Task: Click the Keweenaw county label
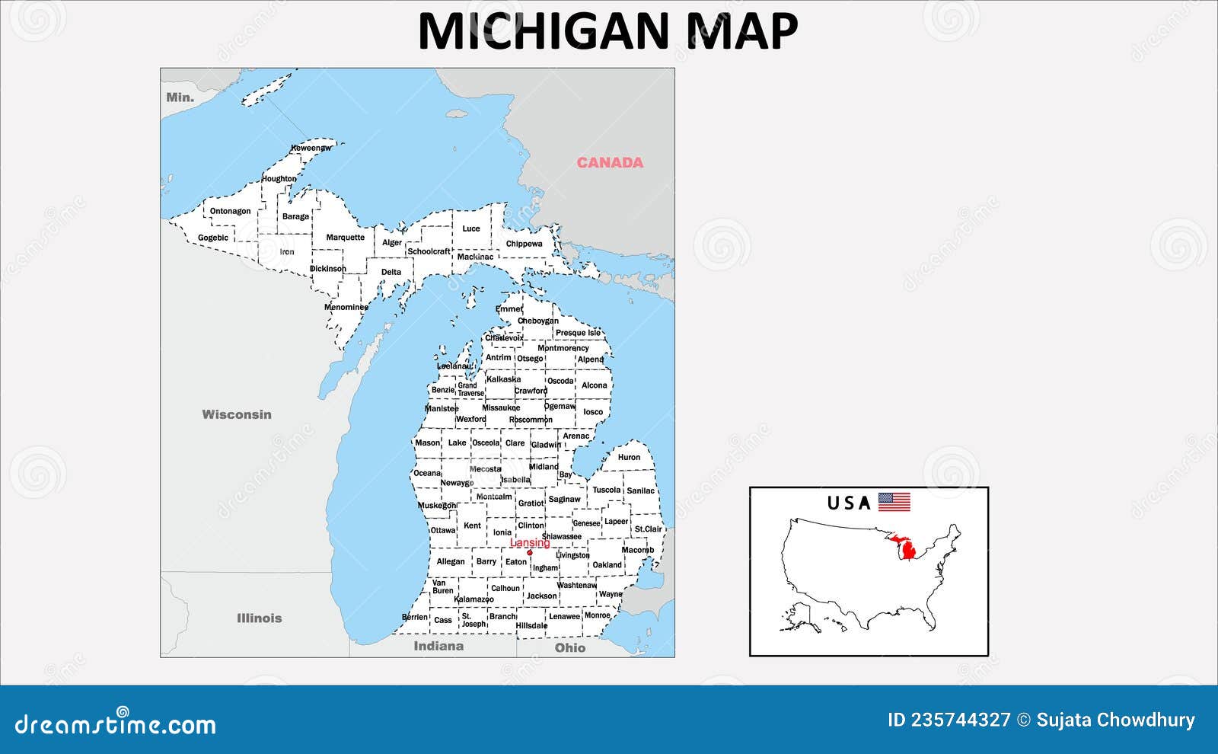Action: pyautogui.click(x=311, y=148)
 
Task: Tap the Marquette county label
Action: pyautogui.click(x=346, y=238)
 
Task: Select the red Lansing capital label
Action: pyautogui.click(x=530, y=543)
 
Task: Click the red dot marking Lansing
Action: pyautogui.click(x=530, y=552)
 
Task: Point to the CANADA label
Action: pyautogui.click(x=610, y=162)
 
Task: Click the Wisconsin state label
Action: pyautogui.click(x=237, y=414)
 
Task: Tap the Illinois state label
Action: pyautogui.click(x=259, y=618)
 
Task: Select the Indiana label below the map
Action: pyautogui.click(x=438, y=646)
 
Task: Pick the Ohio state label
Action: pyautogui.click(x=570, y=647)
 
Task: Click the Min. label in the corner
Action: pyautogui.click(x=180, y=97)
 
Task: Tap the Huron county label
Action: pyautogui.click(x=629, y=457)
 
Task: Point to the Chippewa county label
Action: pyautogui.click(x=525, y=244)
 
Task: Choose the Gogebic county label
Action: pyautogui.click(x=213, y=238)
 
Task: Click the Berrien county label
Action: pyautogui.click(x=415, y=617)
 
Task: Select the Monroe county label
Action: pyautogui.click(x=598, y=615)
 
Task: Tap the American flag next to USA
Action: pyautogui.click(x=894, y=502)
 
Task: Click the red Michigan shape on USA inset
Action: pyautogui.click(x=907, y=549)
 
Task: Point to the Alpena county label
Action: pyautogui.click(x=591, y=359)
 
